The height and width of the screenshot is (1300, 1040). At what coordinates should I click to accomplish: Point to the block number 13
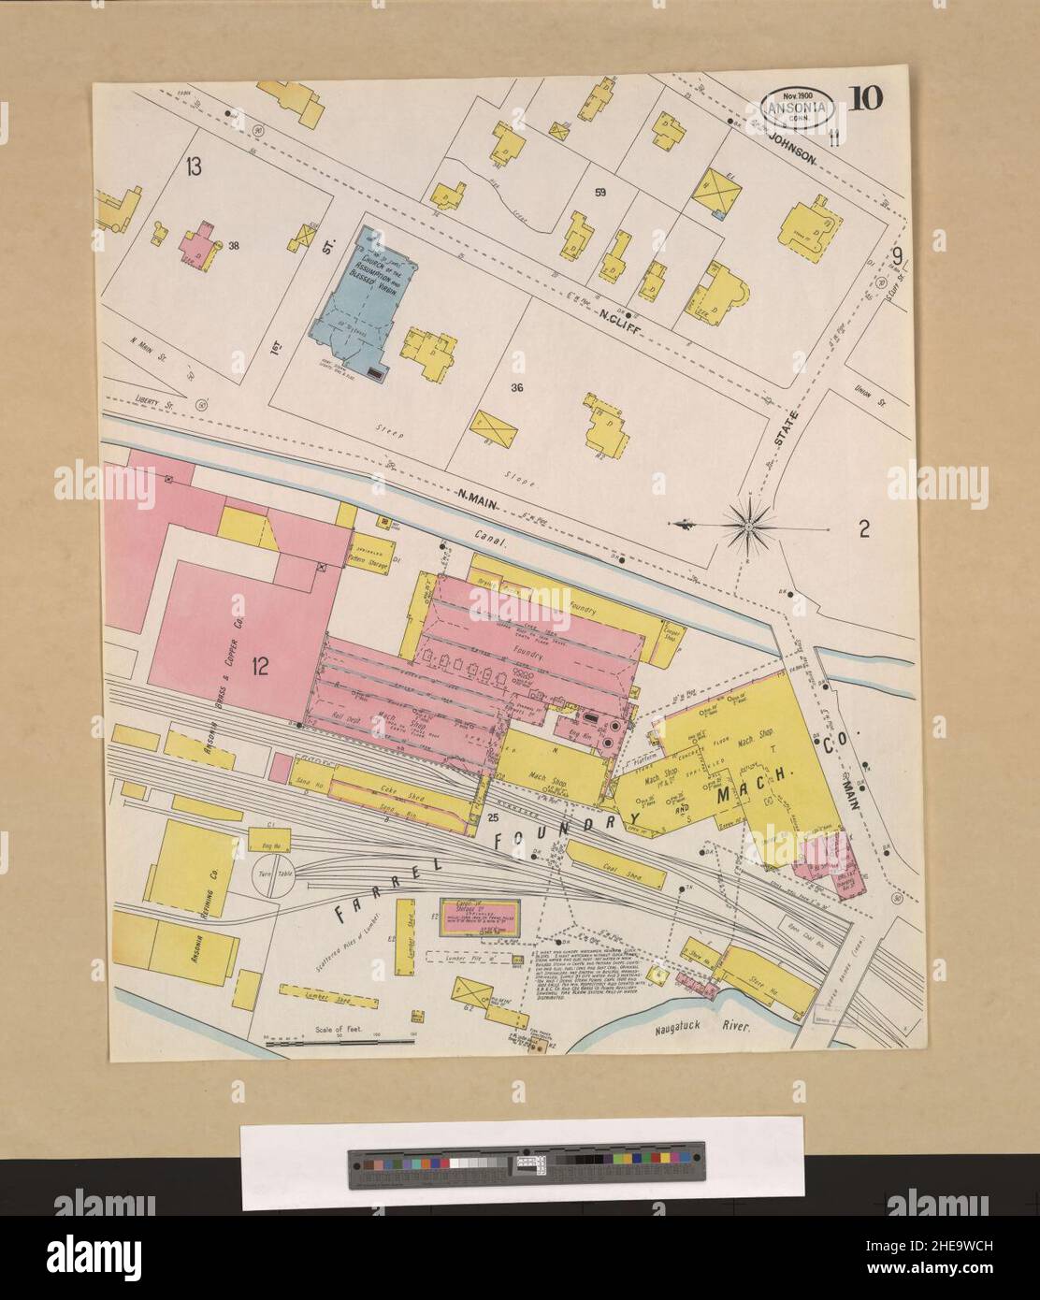point(194,168)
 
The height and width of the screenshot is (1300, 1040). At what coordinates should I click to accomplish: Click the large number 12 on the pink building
point(259,666)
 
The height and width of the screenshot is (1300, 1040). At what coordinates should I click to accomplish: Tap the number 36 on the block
point(515,387)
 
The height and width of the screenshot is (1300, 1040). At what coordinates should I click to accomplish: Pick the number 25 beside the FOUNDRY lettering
point(492,818)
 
